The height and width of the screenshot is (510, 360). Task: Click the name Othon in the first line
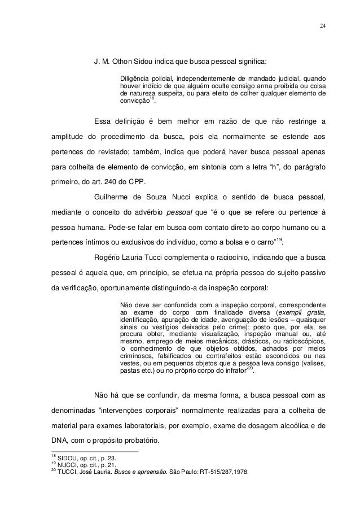(122, 60)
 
